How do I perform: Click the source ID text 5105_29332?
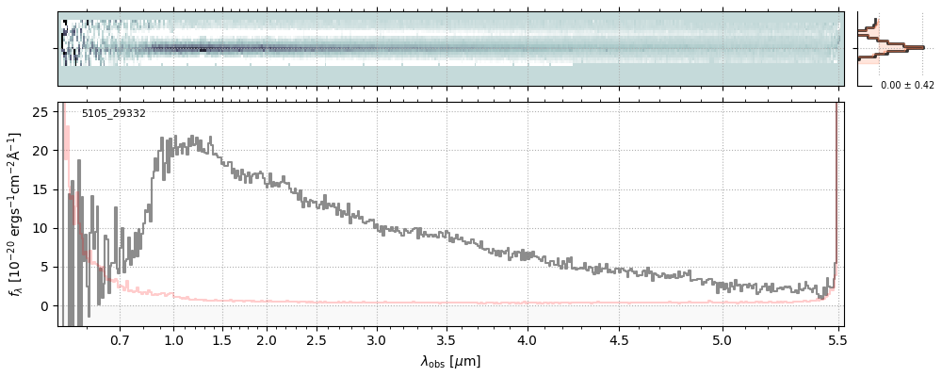coord(113,114)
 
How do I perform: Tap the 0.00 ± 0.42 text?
coord(907,86)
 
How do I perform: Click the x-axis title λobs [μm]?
coord(450,361)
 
